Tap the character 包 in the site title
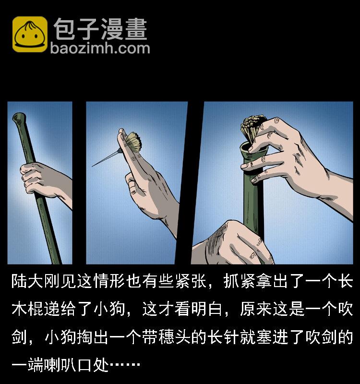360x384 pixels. point(65,29)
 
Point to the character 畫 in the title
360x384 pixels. point(135,29)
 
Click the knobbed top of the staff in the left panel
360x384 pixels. point(18,117)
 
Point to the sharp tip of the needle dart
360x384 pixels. point(93,166)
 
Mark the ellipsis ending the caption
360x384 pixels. point(125,365)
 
